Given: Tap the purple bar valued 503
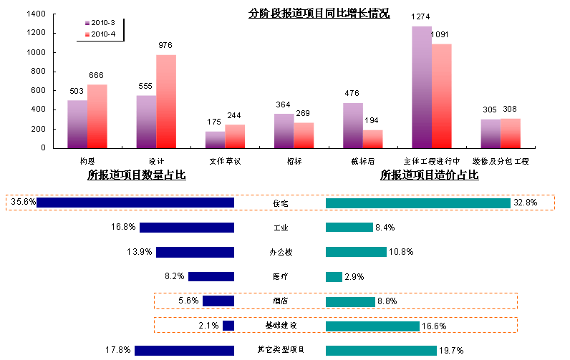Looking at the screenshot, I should (77, 124).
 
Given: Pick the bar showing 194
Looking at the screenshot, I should (373, 139).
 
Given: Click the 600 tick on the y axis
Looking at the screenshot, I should (39, 91).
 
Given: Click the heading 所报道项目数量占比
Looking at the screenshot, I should (137, 175).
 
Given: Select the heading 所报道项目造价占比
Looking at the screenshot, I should (429, 175).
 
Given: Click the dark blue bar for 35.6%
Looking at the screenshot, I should (135, 203).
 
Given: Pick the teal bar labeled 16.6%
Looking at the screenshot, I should (372, 326).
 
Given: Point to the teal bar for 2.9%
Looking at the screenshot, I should (334, 276).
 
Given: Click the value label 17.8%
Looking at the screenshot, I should (117, 350).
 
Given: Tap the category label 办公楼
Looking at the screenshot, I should (279, 252).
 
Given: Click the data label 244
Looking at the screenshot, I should (234, 116).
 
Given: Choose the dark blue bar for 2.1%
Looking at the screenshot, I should (228, 326).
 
